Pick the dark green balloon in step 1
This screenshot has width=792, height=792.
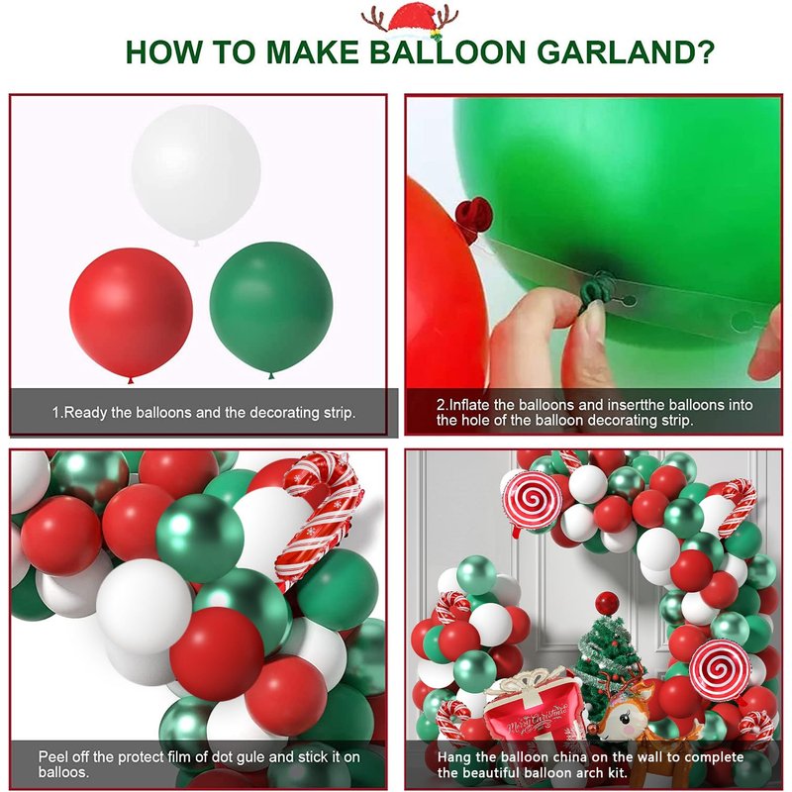click(271, 309)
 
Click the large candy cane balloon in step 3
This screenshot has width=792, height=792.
click(318, 515)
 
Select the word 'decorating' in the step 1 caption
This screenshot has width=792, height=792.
click(285, 413)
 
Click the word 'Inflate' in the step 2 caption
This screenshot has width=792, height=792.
click(475, 405)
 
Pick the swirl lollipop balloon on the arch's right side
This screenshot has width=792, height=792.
click(720, 669)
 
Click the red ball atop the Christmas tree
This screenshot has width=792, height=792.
click(607, 604)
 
